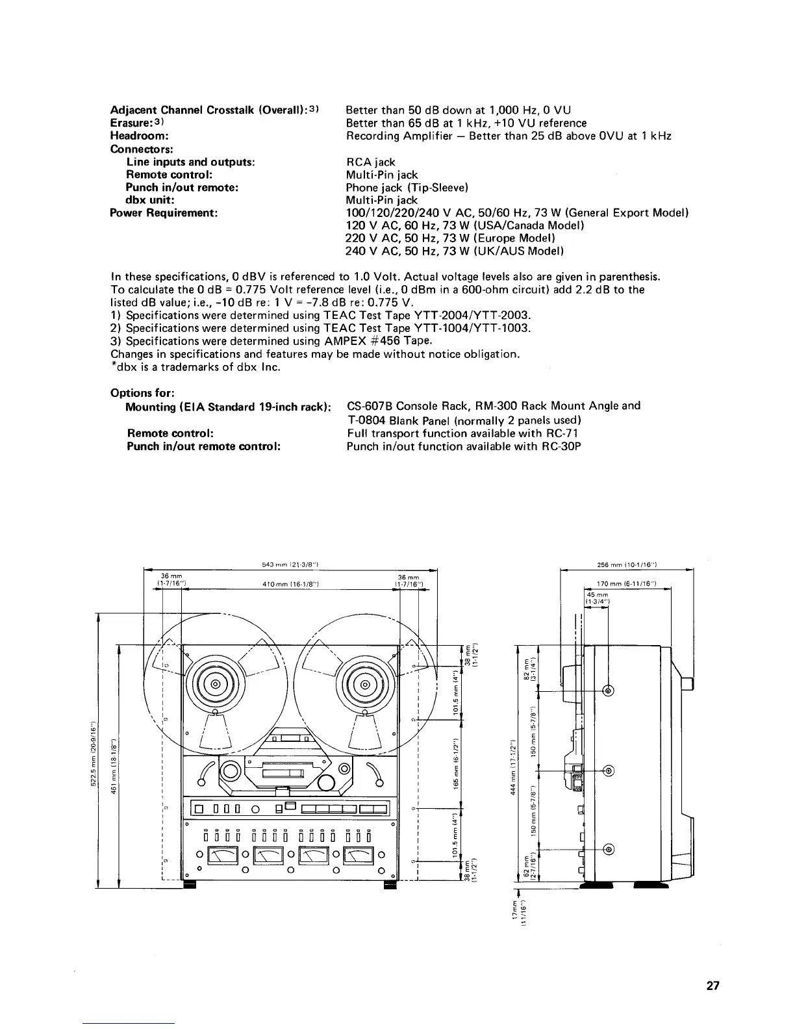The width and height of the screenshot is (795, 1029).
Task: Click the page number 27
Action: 713,985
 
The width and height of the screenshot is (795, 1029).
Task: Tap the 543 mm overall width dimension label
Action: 288,563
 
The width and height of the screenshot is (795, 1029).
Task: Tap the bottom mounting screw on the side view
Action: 609,848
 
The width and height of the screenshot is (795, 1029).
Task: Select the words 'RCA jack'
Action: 370,162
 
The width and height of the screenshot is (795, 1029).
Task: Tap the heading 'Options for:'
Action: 142,393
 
